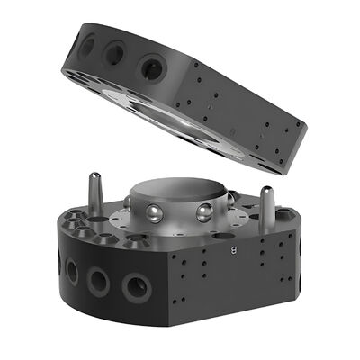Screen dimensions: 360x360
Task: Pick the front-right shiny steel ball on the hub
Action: [x=204, y=212]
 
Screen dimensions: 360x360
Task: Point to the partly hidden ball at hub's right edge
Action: [x=231, y=197]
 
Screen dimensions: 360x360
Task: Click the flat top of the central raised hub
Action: [x=181, y=190]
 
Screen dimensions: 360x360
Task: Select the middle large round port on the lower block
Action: [x=99, y=280]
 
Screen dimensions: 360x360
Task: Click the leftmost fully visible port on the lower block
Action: [x=72, y=269]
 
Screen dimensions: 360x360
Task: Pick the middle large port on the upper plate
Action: [x=115, y=54]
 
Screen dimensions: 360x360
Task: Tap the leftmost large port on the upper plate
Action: [x=87, y=44]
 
